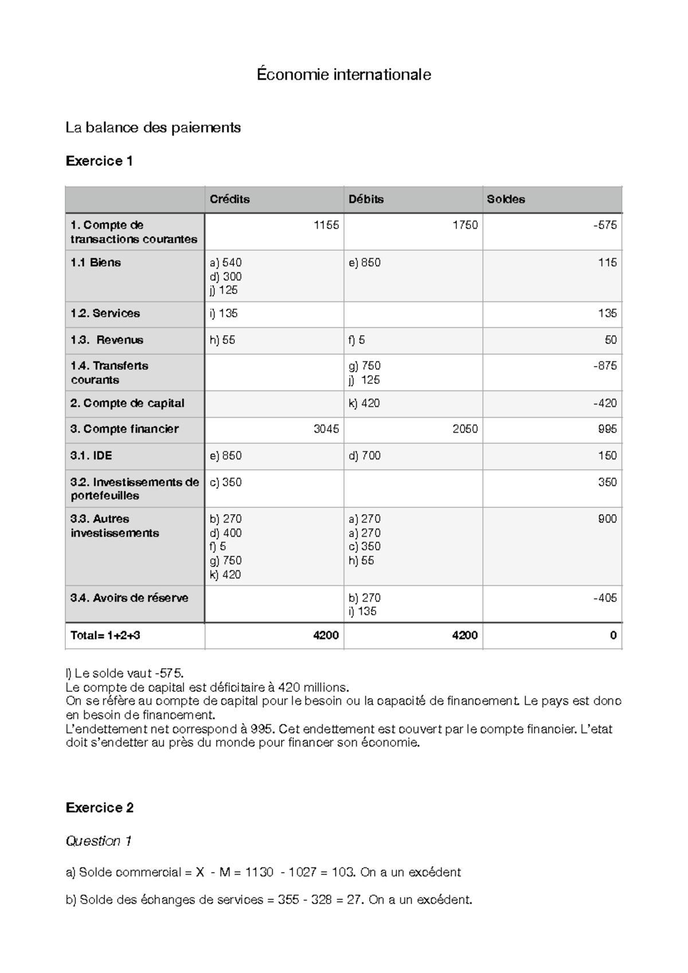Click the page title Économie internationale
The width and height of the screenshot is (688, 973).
coord(343,75)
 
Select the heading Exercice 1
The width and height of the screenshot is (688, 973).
coord(99,161)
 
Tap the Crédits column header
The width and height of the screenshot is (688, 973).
coord(229,199)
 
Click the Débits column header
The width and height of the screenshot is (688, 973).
coord(366,199)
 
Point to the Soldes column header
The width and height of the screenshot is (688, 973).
coord(506,199)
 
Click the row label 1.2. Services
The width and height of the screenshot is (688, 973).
coord(105,313)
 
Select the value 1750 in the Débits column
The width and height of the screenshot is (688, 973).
coord(464,225)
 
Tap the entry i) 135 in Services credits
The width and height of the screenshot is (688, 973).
coord(224,313)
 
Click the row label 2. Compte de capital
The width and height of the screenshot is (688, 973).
coord(127,403)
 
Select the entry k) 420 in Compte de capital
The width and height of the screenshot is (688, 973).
coord(364,403)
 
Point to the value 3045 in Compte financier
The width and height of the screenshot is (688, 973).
coord(326,429)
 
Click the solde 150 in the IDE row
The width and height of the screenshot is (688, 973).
coord(607,456)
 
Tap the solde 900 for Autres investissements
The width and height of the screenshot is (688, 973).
coord(607,519)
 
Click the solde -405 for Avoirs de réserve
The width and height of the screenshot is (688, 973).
coord(605,598)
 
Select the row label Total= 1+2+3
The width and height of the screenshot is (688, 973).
coord(105,635)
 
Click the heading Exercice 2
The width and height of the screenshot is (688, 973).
coord(100,808)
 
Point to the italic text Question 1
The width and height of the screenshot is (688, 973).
coord(99,841)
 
